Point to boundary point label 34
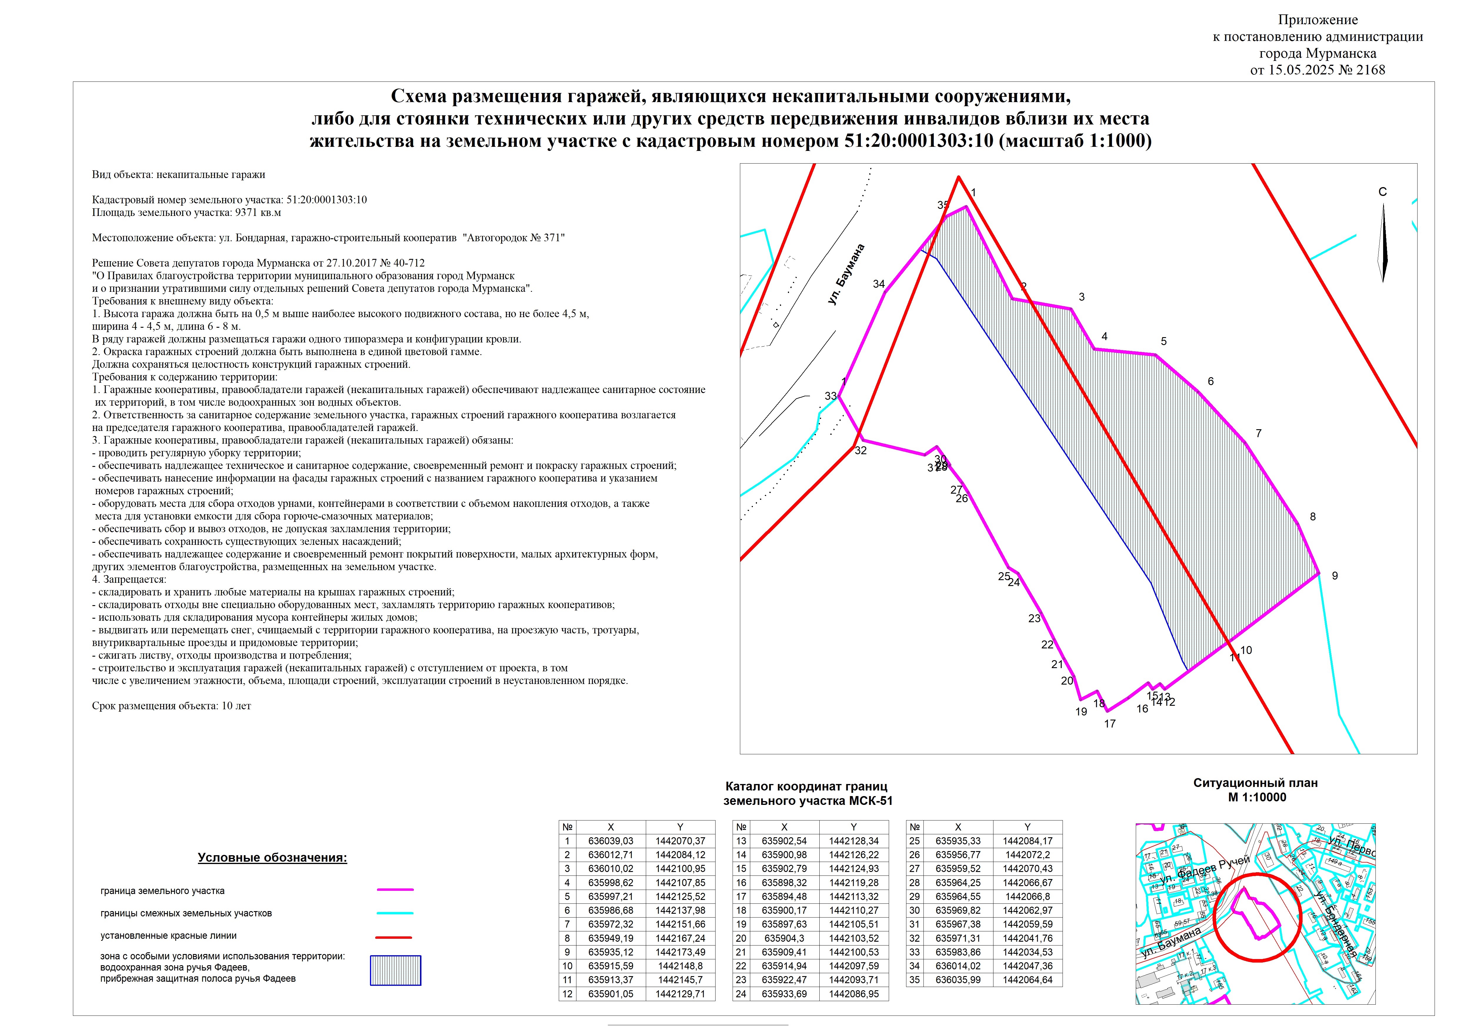pyautogui.click(x=879, y=284)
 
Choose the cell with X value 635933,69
pyautogui.click(x=784, y=994)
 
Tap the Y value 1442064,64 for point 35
pyautogui.click(x=1028, y=980)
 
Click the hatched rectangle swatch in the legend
pyautogui.click(x=395, y=970)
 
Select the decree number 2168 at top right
pyautogui.click(x=1371, y=70)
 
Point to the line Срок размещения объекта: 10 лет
pyautogui.click(x=171, y=706)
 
